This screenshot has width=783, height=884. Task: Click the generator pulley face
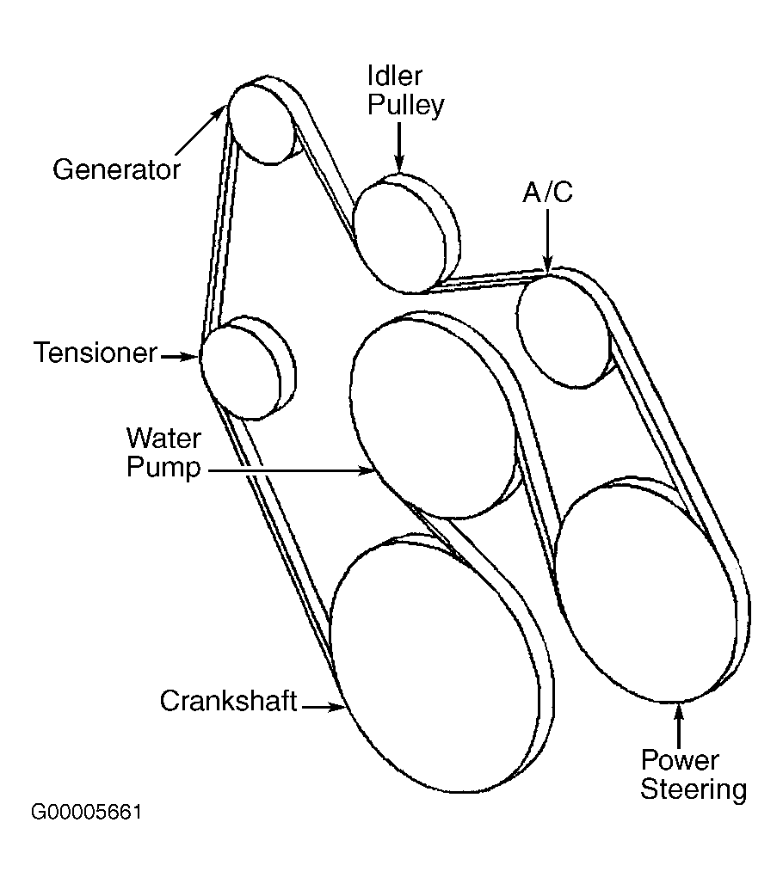[262, 124]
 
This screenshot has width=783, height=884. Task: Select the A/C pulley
[564, 331]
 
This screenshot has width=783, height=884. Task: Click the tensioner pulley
[241, 372]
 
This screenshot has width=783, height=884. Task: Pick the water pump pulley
[433, 418]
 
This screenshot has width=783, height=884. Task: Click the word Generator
[116, 169]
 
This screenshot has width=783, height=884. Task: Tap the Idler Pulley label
[405, 90]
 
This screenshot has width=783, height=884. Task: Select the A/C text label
[547, 193]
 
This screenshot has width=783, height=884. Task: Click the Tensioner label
[96, 353]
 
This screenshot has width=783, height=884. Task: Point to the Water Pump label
[163, 452]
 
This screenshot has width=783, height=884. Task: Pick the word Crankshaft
[229, 701]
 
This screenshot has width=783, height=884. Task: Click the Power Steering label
[694, 775]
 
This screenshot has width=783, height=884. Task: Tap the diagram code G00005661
[86, 813]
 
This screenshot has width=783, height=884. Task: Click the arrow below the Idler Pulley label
[399, 148]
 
